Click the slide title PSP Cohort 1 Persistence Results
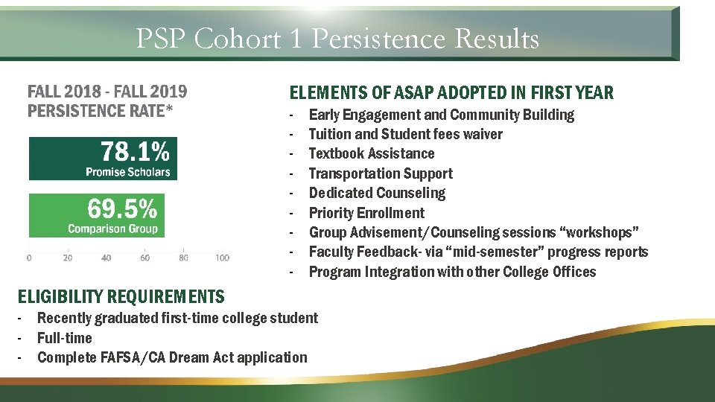click(x=337, y=38)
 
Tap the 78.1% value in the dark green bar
click(x=135, y=152)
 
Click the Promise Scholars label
click(x=127, y=172)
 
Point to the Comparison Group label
click(x=112, y=229)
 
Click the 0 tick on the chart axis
click(x=29, y=258)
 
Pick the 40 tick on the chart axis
click(x=107, y=258)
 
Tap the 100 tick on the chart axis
click(x=222, y=258)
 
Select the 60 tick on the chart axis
click(x=144, y=258)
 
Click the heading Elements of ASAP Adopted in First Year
click(x=451, y=93)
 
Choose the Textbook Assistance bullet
click(x=371, y=154)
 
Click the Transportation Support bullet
click(x=380, y=173)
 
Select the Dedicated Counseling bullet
click(x=377, y=193)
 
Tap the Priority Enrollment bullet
click(x=366, y=213)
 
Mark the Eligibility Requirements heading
click(x=121, y=297)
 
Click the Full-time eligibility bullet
click(x=65, y=338)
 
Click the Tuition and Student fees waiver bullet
click(x=405, y=134)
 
